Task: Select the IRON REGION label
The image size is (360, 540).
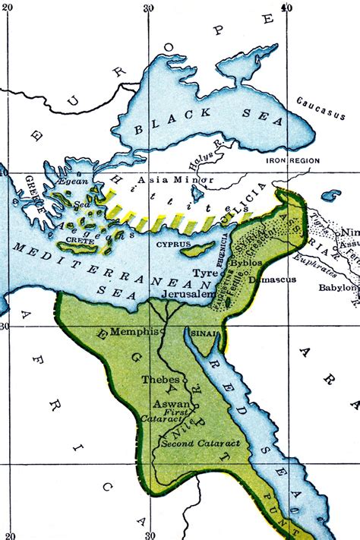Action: tap(292, 161)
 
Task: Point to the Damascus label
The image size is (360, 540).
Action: tap(271, 279)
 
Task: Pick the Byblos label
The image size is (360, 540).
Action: tap(266, 261)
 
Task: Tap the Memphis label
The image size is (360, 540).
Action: tap(134, 332)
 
